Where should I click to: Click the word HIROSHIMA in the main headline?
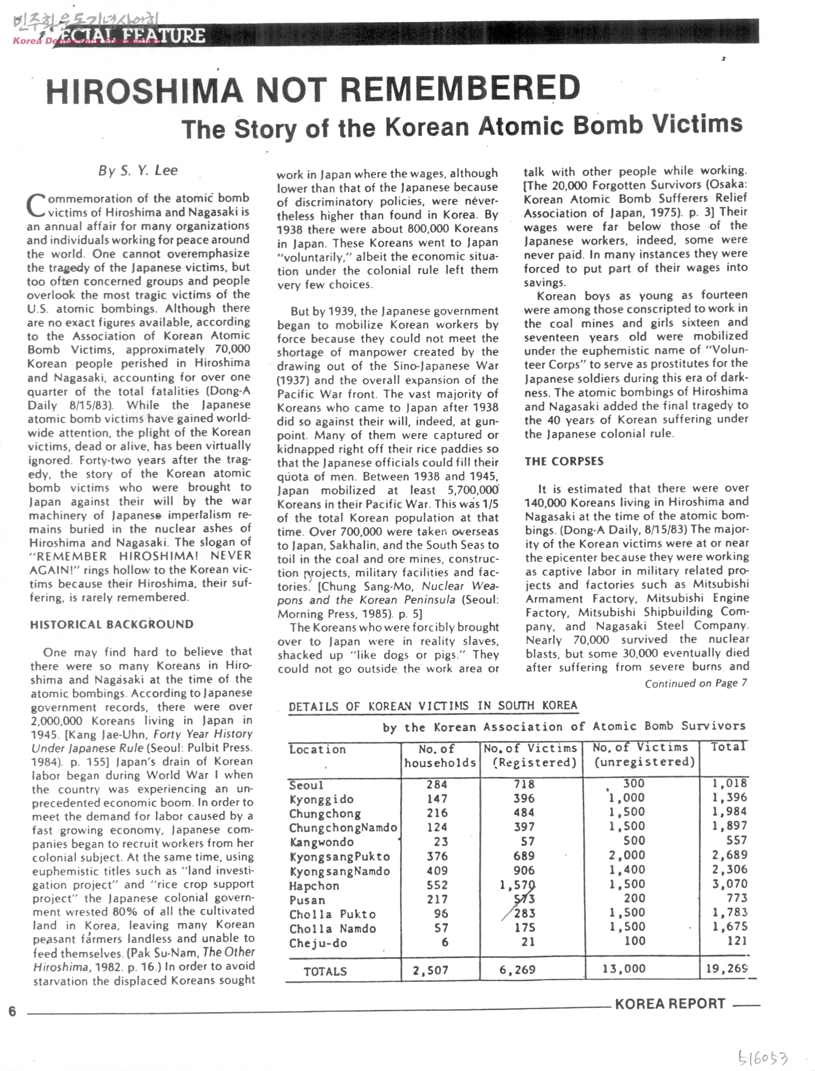coord(144,91)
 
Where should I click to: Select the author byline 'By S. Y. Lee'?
coord(138,170)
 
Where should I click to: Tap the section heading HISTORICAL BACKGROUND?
coord(112,625)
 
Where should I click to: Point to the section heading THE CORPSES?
coord(564,461)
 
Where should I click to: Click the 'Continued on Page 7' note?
coord(696,683)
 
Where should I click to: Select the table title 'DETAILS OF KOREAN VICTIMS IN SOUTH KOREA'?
coord(433,706)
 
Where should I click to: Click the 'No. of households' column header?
coord(440,756)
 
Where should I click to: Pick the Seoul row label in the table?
coord(306,785)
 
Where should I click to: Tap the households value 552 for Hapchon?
coord(437,885)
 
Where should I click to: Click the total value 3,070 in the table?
coord(729,884)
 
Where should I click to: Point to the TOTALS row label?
coord(325,971)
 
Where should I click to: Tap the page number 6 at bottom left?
coord(12,1012)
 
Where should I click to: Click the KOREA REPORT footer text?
coord(670,1004)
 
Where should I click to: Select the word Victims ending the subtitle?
coord(697,124)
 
